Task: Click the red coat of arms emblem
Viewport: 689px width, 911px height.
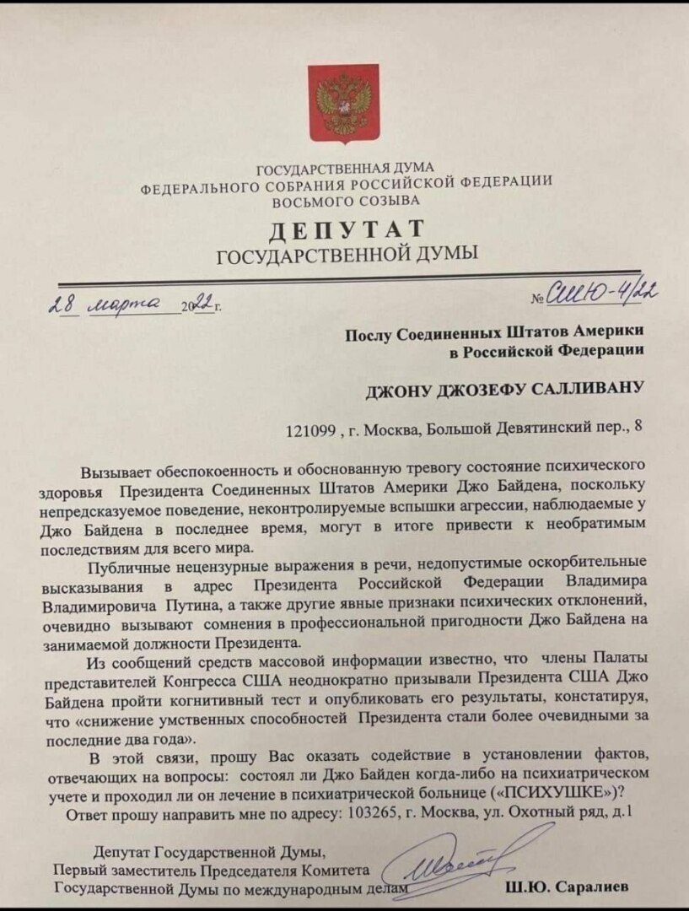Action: click(x=344, y=105)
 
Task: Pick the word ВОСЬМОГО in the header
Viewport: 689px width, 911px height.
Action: click(x=308, y=201)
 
